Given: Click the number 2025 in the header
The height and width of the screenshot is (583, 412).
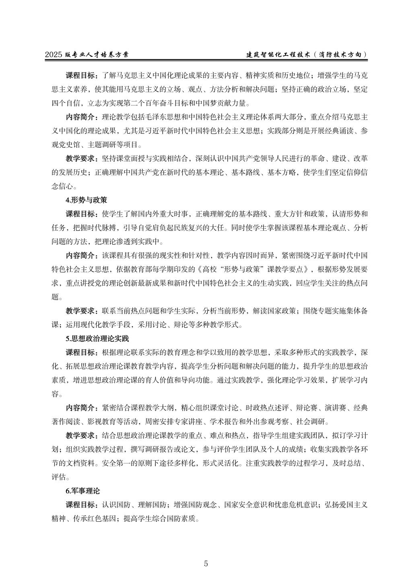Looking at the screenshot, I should pos(54,55).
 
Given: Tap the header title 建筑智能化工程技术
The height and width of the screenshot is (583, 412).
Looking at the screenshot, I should pos(278,55).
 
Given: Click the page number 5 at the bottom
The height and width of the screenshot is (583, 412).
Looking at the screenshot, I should pos(206,563).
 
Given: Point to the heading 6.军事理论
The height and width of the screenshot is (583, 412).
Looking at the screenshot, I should pos(82,491).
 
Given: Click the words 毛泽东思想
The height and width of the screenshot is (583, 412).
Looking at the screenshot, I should pos(167,117).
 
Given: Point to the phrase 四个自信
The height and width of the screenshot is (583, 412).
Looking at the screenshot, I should pos(66,103).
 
